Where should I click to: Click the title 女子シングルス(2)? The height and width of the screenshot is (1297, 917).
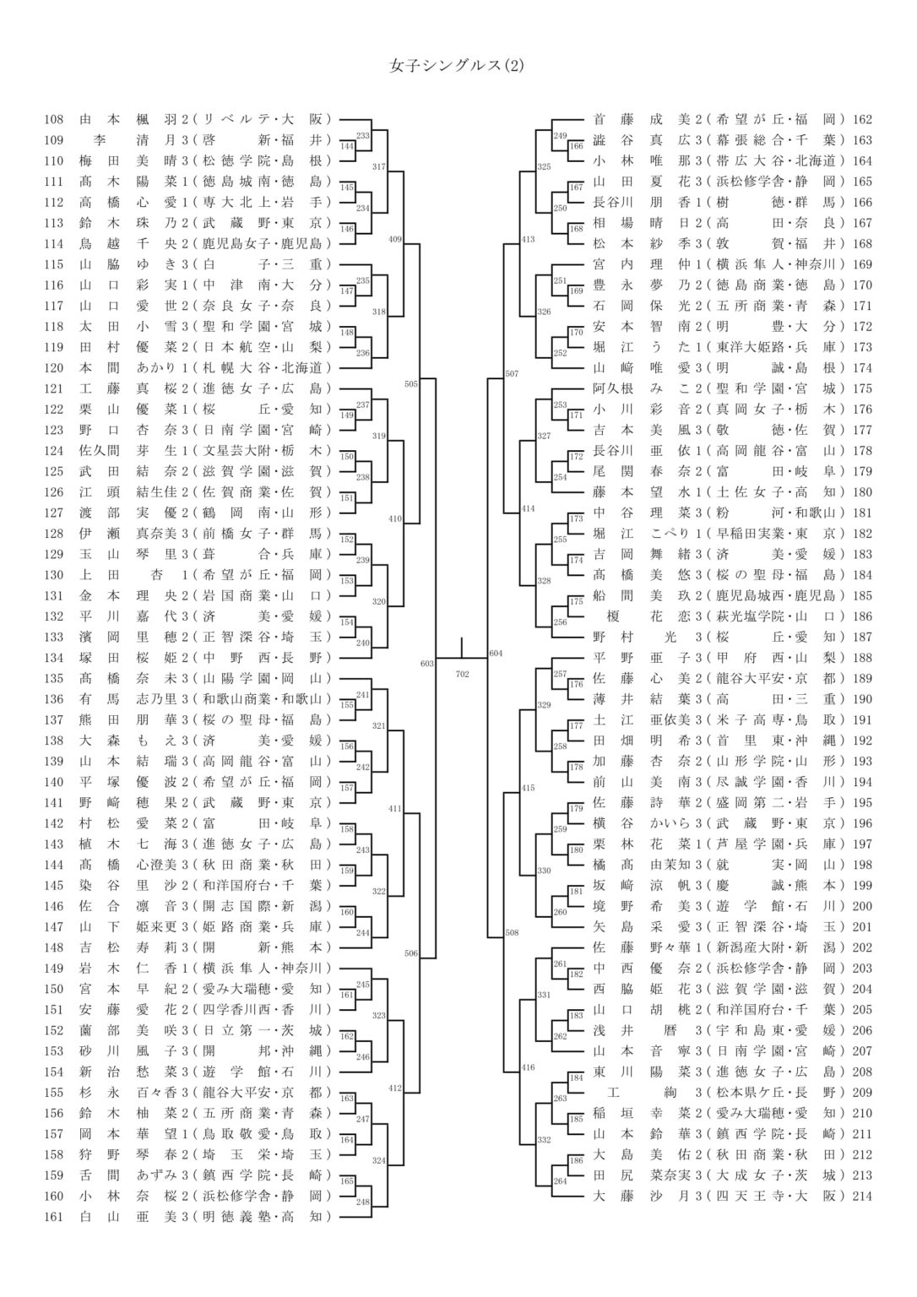[x=457, y=65]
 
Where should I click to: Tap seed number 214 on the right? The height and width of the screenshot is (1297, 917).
[x=862, y=1196]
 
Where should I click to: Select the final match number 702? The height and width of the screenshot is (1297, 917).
[x=462, y=673]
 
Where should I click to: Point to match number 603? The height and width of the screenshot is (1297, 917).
[x=427, y=664]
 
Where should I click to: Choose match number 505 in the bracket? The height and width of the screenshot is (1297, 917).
[x=411, y=384]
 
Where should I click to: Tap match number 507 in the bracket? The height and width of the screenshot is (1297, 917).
[x=512, y=373]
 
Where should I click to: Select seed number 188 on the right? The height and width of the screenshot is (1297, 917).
[x=862, y=658]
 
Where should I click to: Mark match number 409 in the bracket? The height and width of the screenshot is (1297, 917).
[x=394, y=240]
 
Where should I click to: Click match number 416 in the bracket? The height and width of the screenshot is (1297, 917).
[x=529, y=1068]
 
